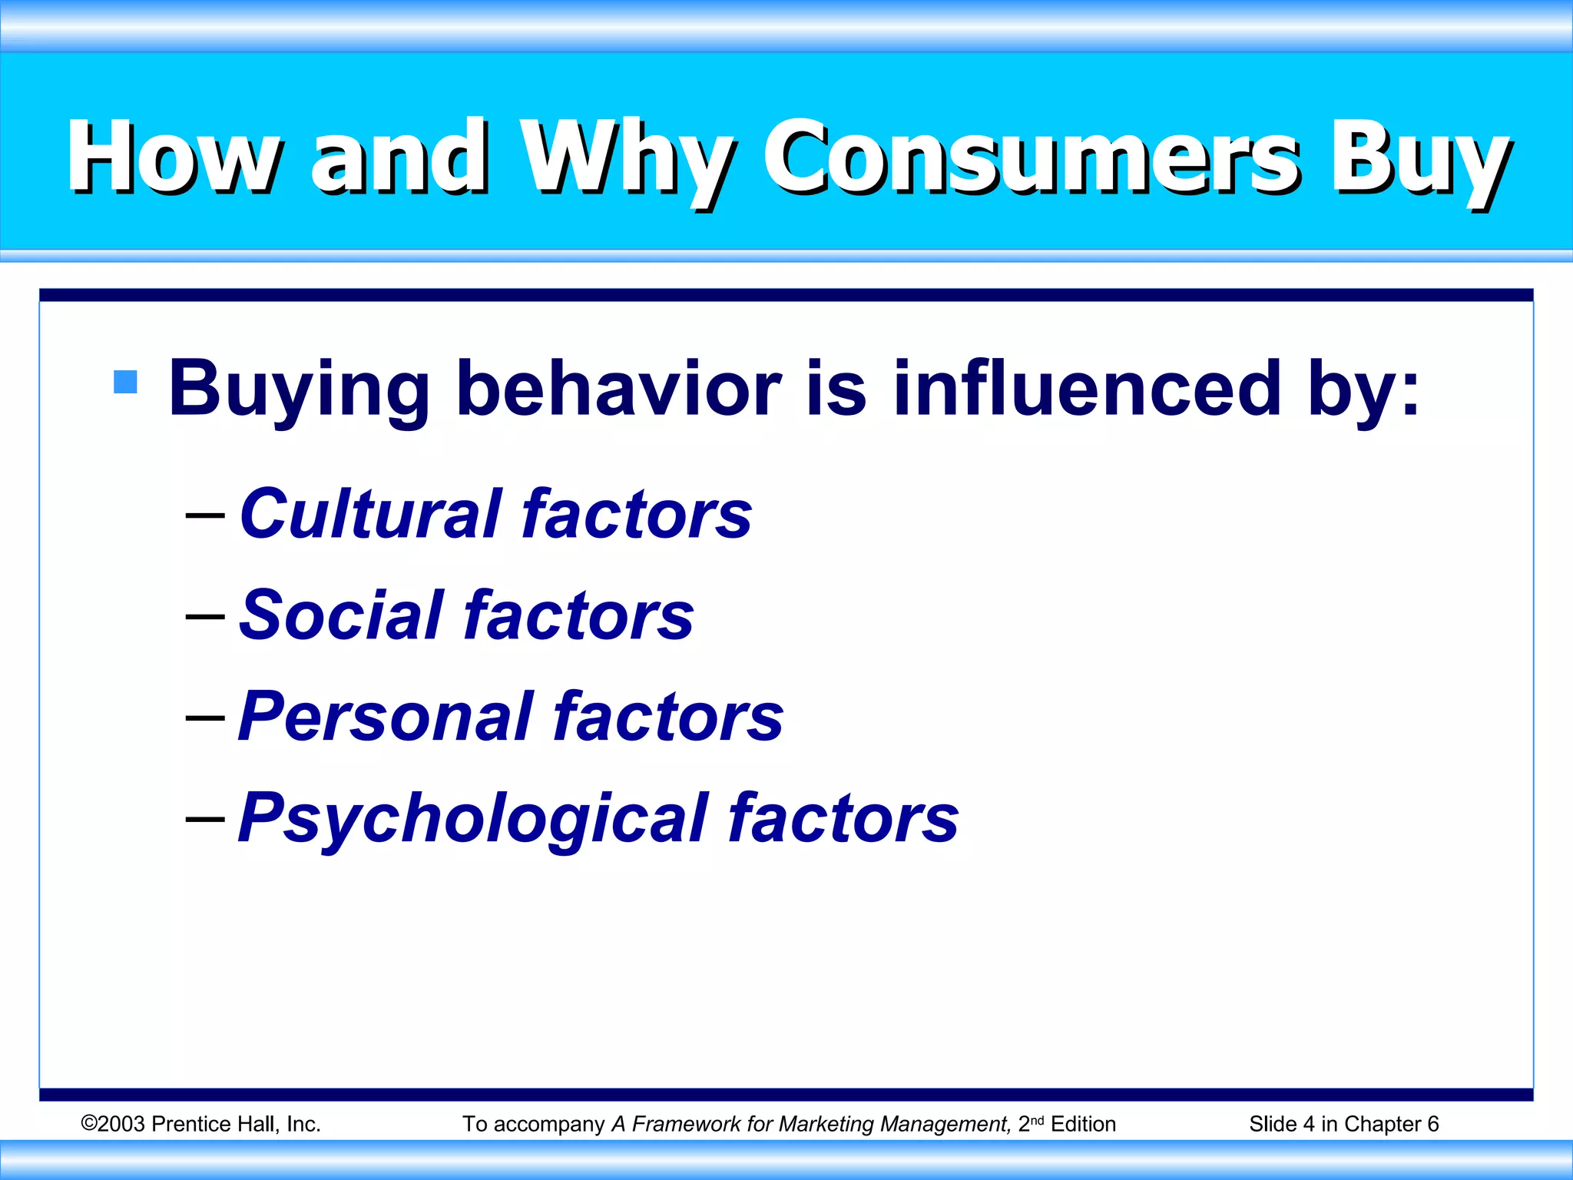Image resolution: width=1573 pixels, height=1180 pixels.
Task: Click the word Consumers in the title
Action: click(x=1029, y=157)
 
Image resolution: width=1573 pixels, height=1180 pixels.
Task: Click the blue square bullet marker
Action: click(x=125, y=382)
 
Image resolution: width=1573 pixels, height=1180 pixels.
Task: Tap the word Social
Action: click(x=342, y=615)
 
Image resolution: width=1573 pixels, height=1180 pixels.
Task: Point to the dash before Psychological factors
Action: click(x=205, y=819)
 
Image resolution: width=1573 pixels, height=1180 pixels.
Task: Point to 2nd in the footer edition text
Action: click(x=1031, y=1123)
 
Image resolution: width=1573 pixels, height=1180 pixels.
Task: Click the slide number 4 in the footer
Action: click(x=1309, y=1124)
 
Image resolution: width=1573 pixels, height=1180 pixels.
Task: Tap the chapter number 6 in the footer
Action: click(x=1432, y=1124)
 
